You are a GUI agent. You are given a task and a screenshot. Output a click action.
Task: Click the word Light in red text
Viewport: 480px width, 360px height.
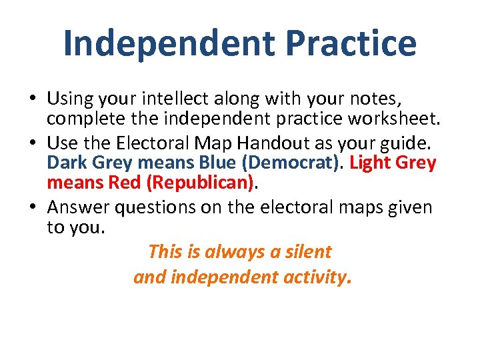373,163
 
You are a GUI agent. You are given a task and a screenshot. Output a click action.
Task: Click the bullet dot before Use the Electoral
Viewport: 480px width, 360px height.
33,143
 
